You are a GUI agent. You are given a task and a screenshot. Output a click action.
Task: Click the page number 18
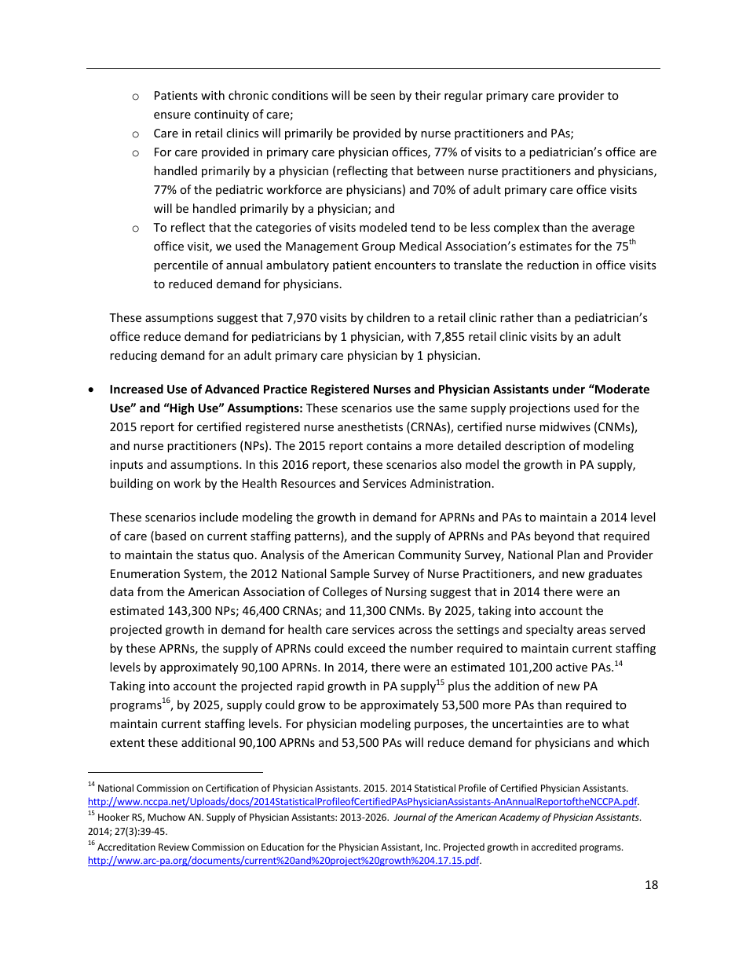point(651,885)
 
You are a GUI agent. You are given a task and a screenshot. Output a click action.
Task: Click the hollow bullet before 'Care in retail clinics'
point(136,134)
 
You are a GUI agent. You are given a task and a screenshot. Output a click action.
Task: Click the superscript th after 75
point(632,242)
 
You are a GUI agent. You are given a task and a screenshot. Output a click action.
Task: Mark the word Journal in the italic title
point(415,817)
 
